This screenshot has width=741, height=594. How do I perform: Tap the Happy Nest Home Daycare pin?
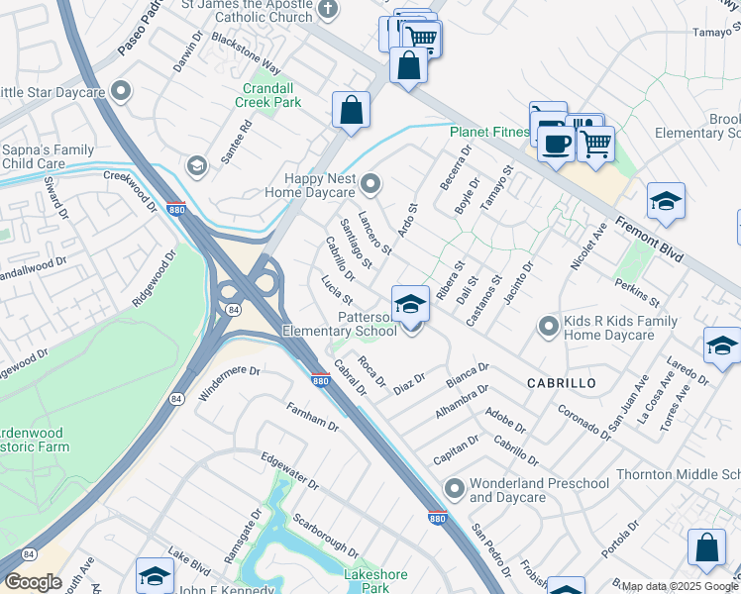(x=371, y=182)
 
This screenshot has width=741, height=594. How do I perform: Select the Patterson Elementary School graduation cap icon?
(x=410, y=304)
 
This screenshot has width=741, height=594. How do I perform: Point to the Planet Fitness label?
(x=490, y=132)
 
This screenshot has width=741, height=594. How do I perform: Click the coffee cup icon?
(x=555, y=144)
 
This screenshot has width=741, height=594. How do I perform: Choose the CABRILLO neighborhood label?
(x=561, y=382)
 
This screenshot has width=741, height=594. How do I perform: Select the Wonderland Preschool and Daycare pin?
(x=454, y=488)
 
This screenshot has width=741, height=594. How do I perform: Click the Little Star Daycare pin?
(x=122, y=92)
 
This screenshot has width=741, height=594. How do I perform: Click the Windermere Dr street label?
(x=229, y=382)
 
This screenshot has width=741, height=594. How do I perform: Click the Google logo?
(x=34, y=582)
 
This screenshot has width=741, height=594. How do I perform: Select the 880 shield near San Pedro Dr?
(x=437, y=518)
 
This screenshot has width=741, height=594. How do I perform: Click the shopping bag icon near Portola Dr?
(x=706, y=546)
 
